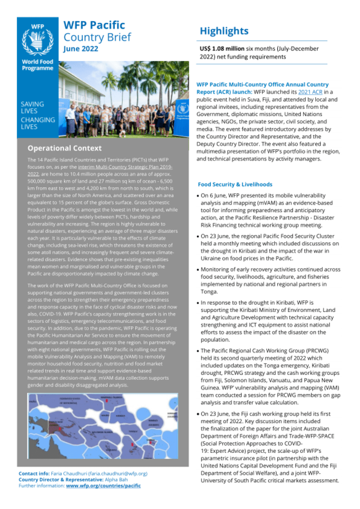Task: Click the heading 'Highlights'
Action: coord(224,31)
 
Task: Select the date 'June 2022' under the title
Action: coord(81,49)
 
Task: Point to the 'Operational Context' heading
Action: coord(64,148)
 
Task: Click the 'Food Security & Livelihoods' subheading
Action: coord(235,184)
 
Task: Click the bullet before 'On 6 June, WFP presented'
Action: coord(199,196)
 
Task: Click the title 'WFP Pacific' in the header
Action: coord(94,25)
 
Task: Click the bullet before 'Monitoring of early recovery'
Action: coord(199,269)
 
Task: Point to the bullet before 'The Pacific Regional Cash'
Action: coord(199,350)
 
